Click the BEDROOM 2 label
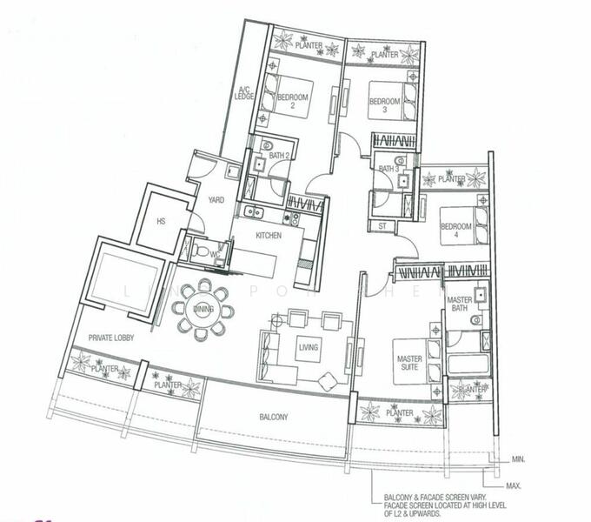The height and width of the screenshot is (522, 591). [293, 101]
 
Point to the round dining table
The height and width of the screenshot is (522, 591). [204, 308]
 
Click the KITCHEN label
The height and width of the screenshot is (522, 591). [269, 236]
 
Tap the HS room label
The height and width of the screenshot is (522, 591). [161, 221]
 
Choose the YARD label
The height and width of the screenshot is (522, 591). [216, 200]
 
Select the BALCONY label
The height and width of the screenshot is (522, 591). [274, 417]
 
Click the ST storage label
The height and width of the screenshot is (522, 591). [382, 226]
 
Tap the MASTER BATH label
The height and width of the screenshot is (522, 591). [458, 304]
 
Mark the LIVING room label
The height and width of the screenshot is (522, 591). [308, 348]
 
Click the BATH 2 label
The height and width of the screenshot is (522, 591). [279, 155]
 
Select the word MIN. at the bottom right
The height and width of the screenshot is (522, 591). [519, 458]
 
